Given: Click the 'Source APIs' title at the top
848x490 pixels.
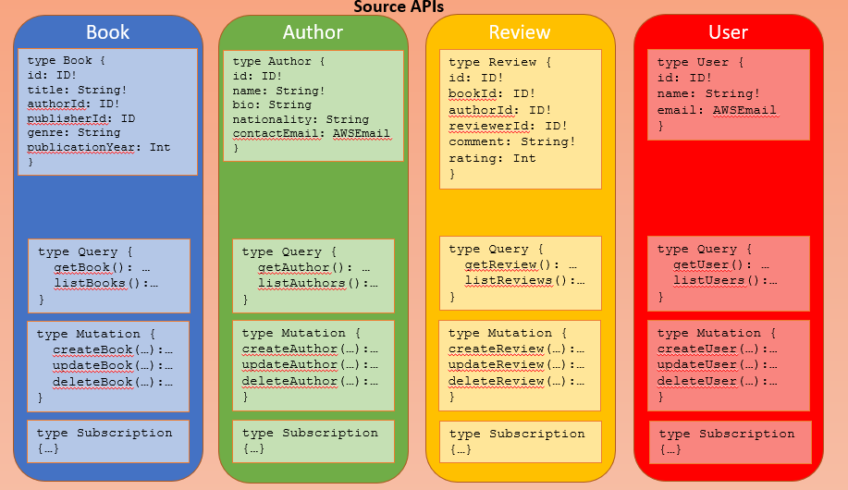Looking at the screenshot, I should [x=399, y=7].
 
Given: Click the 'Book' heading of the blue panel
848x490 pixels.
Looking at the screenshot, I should [x=108, y=31].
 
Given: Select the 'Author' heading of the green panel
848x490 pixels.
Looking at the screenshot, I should [x=313, y=32].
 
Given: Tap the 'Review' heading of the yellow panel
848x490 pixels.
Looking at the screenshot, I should [x=520, y=32].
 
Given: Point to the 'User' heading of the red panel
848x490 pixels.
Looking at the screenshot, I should [x=728, y=32].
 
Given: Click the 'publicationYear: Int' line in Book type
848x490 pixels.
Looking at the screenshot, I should [x=98, y=147].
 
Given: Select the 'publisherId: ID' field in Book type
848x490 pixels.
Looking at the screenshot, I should [x=81, y=118].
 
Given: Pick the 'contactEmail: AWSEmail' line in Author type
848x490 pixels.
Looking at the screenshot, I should [x=311, y=133].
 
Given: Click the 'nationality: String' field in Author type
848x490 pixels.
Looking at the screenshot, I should [x=301, y=119].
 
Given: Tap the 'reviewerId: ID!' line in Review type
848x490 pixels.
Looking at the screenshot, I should [x=506, y=126].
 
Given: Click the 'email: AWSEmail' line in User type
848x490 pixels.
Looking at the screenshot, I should [x=717, y=110].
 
